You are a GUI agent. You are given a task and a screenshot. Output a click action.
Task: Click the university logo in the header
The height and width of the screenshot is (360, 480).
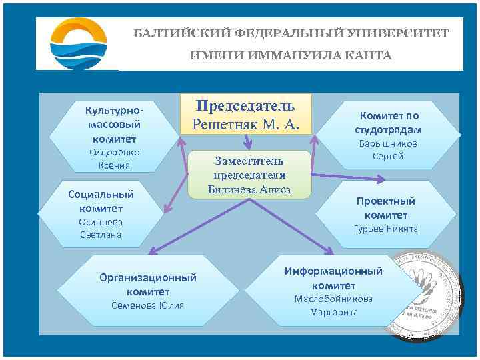pyautogui.click(x=78, y=43)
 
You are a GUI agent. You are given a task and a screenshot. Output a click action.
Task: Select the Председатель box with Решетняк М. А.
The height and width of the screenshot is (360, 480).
pyautogui.click(x=246, y=114)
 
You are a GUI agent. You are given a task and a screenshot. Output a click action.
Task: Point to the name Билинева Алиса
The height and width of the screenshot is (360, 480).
pyautogui.click(x=249, y=189)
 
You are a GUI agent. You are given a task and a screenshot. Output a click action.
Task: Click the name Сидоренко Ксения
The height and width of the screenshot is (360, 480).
pyautogui.click(x=114, y=159)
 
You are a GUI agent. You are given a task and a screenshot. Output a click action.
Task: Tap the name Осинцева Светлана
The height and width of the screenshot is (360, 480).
pyautogui.click(x=101, y=228)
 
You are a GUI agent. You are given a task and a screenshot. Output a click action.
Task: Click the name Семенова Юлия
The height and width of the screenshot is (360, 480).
pyautogui.click(x=148, y=305)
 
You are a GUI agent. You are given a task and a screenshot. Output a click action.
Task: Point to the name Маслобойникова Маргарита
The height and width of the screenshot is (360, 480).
pyautogui.click(x=333, y=305)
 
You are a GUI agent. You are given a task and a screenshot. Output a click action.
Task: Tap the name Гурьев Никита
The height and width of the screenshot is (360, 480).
pyautogui.click(x=385, y=229)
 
